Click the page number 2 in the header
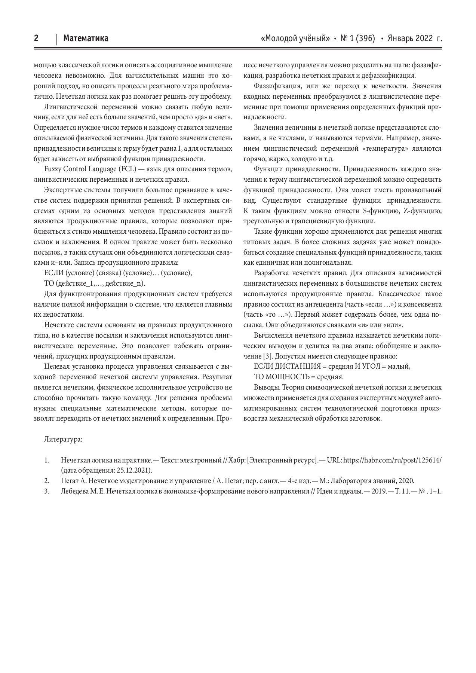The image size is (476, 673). coord(36,38)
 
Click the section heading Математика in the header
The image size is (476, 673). coord(86,38)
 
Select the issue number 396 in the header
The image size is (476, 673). coord(366,38)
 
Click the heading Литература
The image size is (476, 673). coord(63,439)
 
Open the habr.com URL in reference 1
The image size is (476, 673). coord(392,460)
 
